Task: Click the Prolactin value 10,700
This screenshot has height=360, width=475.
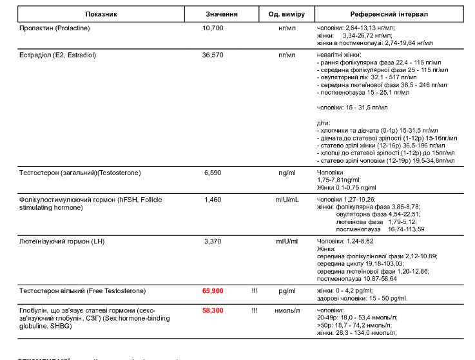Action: [x=213, y=28]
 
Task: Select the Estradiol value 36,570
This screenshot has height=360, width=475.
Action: [x=213, y=55]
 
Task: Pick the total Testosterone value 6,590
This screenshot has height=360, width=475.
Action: [x=213, y=173]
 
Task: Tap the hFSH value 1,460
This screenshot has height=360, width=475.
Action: [x=213, y=200]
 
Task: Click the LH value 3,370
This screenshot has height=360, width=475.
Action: [x=213, y=242]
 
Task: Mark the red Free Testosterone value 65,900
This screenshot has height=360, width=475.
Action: [x=213, y=291]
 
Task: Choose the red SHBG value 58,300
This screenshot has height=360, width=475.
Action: [x=213, y=310]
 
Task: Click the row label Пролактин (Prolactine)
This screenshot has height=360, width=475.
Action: [x=55, y=28]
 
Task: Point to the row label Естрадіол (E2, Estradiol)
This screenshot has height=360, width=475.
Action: [x=58, y=55]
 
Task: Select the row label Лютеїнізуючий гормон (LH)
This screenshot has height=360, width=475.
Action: [x=63, y=242]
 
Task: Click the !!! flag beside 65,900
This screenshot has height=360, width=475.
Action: [x=255, y=291]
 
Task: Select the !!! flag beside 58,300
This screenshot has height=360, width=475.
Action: [x=255, y=310]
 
